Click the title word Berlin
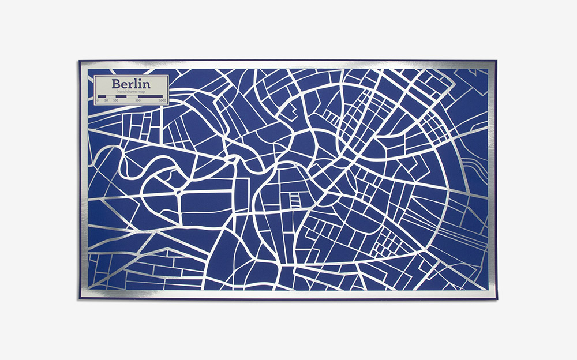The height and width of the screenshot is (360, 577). click(131, 84)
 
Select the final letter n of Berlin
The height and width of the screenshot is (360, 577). click(146, 85)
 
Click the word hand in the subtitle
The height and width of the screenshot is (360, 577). click(121, 92)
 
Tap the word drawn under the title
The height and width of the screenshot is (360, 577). click(131, 92)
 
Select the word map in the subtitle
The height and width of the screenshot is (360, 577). click(142, 92)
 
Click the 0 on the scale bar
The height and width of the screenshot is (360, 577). click(98, 101)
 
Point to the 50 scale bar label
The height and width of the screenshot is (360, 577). click(106, 101)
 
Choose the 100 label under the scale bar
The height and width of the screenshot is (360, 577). click(116, 101)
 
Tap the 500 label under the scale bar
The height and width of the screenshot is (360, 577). click(138, 101)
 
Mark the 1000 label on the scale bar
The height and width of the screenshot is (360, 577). click(163, 101)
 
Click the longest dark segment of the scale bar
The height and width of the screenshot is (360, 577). click(150, 97)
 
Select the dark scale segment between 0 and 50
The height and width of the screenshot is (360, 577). click(102, 97)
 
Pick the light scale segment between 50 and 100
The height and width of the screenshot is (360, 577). click(111, 97)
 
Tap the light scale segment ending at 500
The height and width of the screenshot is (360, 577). click(132, 97)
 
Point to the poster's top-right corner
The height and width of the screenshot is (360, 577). click(497, 60)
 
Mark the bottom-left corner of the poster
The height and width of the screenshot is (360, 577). click(79, 299)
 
